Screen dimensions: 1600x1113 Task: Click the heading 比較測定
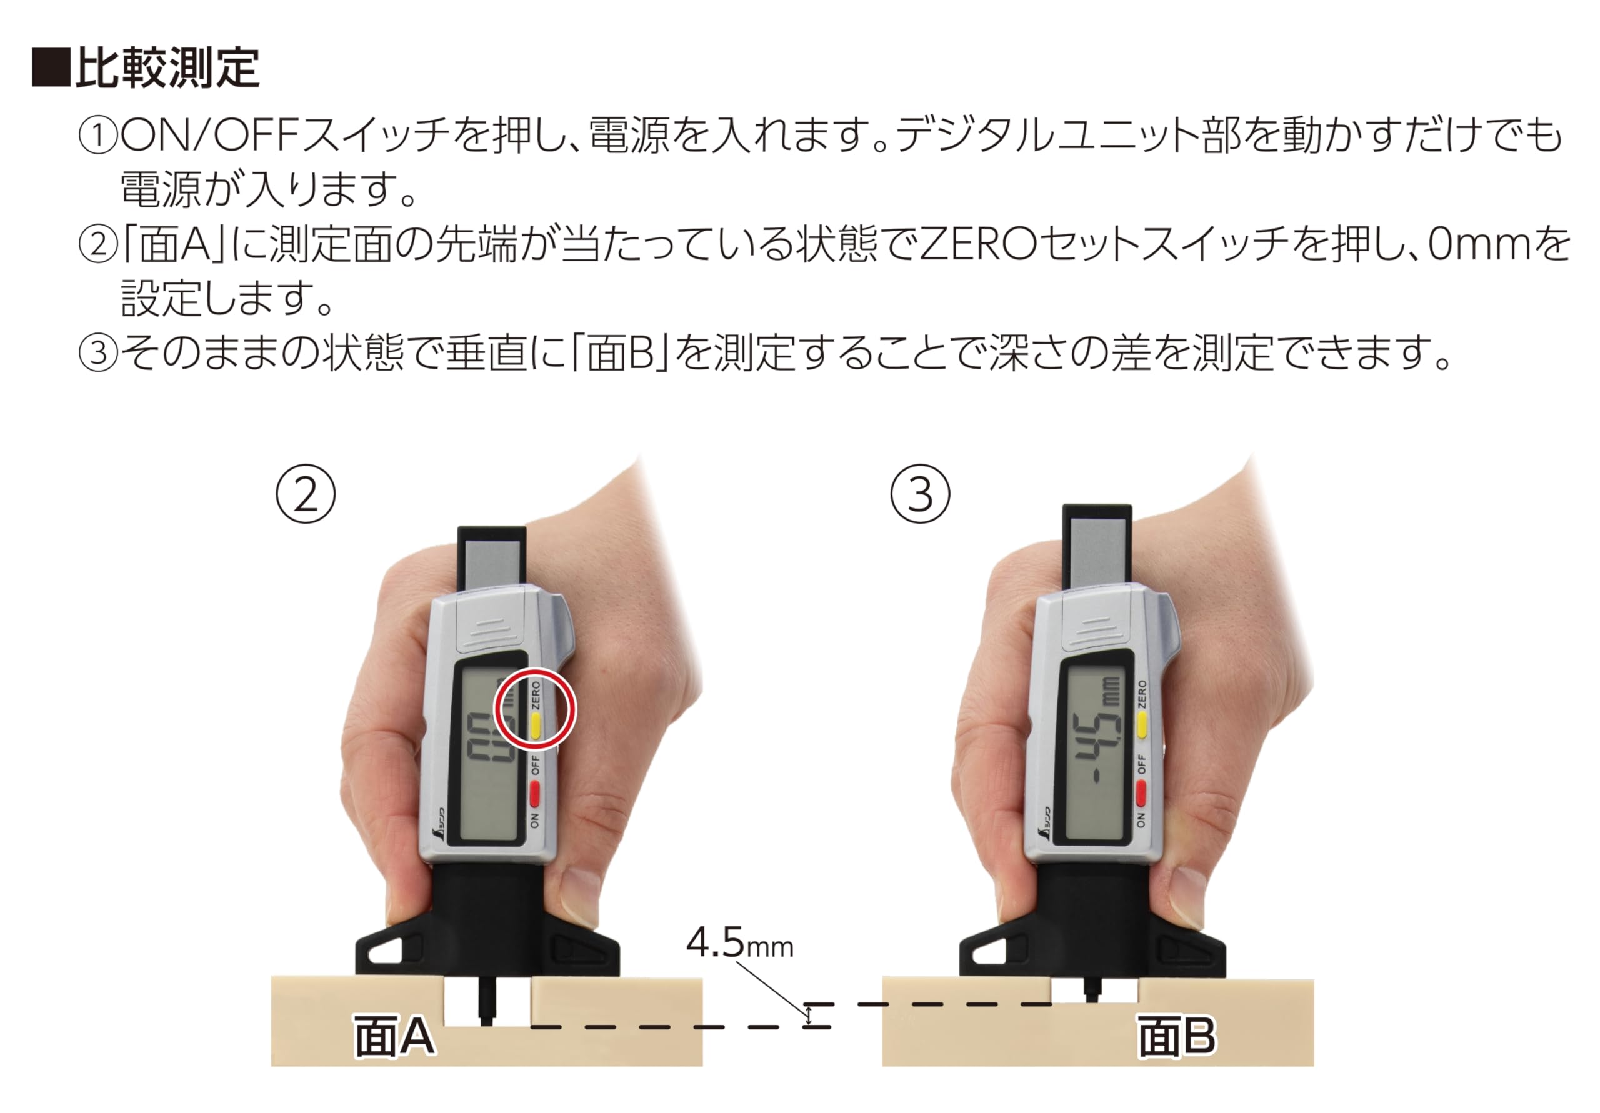click(167, 68)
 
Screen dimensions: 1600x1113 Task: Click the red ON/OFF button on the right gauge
click(1141, 792)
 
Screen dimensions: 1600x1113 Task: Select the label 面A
click(394, 1036)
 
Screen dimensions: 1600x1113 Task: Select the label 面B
click(1177, 1036)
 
